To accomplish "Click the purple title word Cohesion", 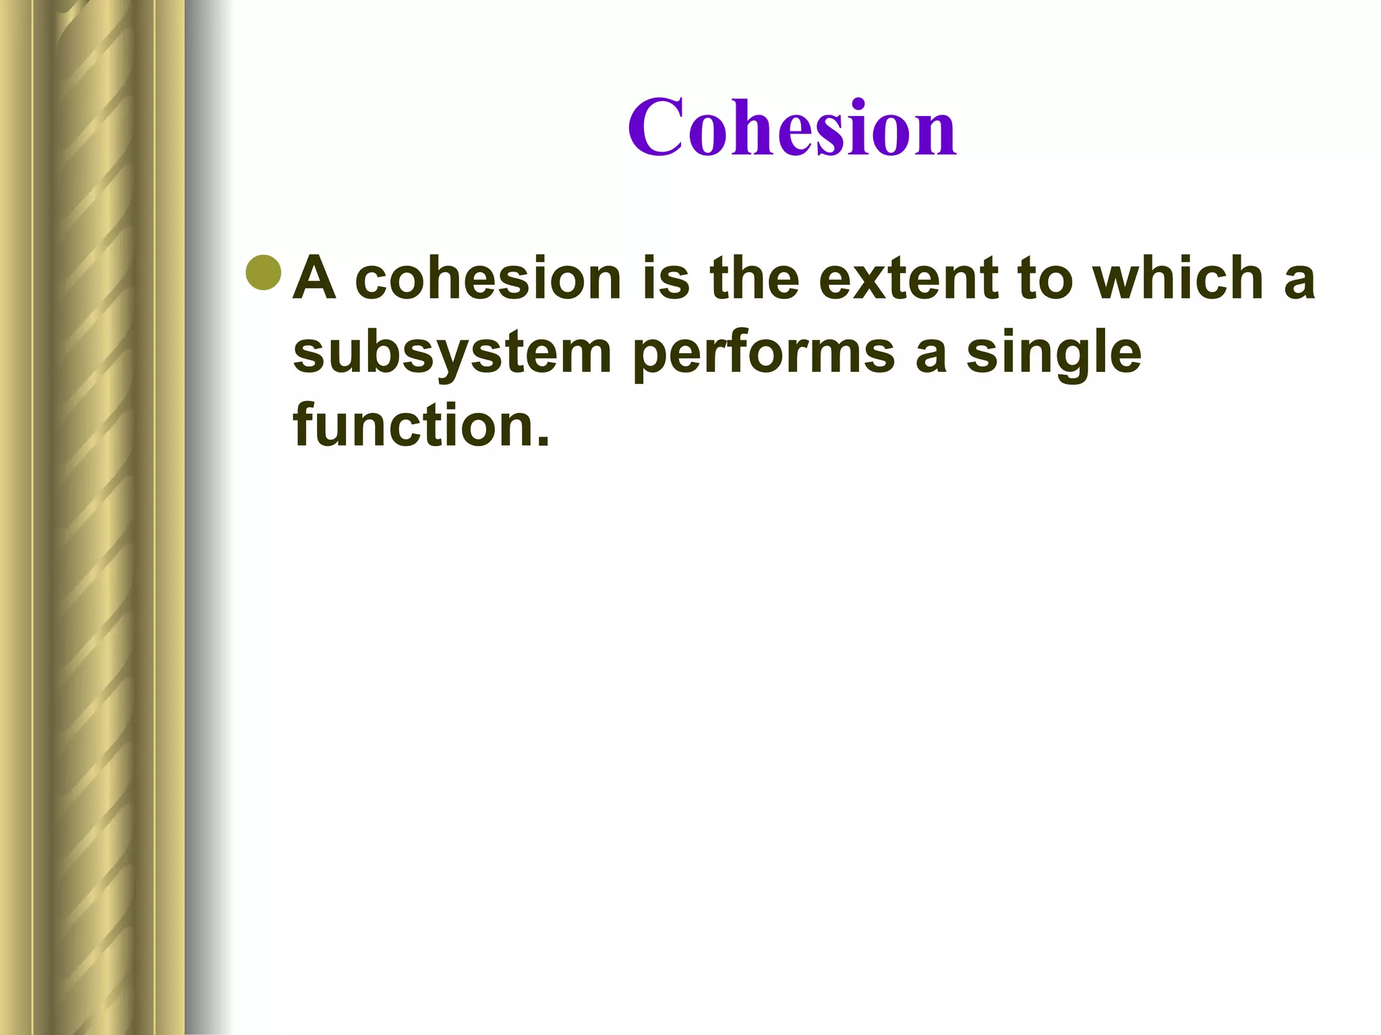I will point(792,128).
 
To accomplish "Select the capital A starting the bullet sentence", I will point(315,278).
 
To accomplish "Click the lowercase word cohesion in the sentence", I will point(488,278).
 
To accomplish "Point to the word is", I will point(666,278).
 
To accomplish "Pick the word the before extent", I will point(754,278).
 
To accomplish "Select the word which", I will point(1177,278).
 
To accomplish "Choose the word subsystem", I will point(452,353).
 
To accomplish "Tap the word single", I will point(1053,353).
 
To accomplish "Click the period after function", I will point(543,442).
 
